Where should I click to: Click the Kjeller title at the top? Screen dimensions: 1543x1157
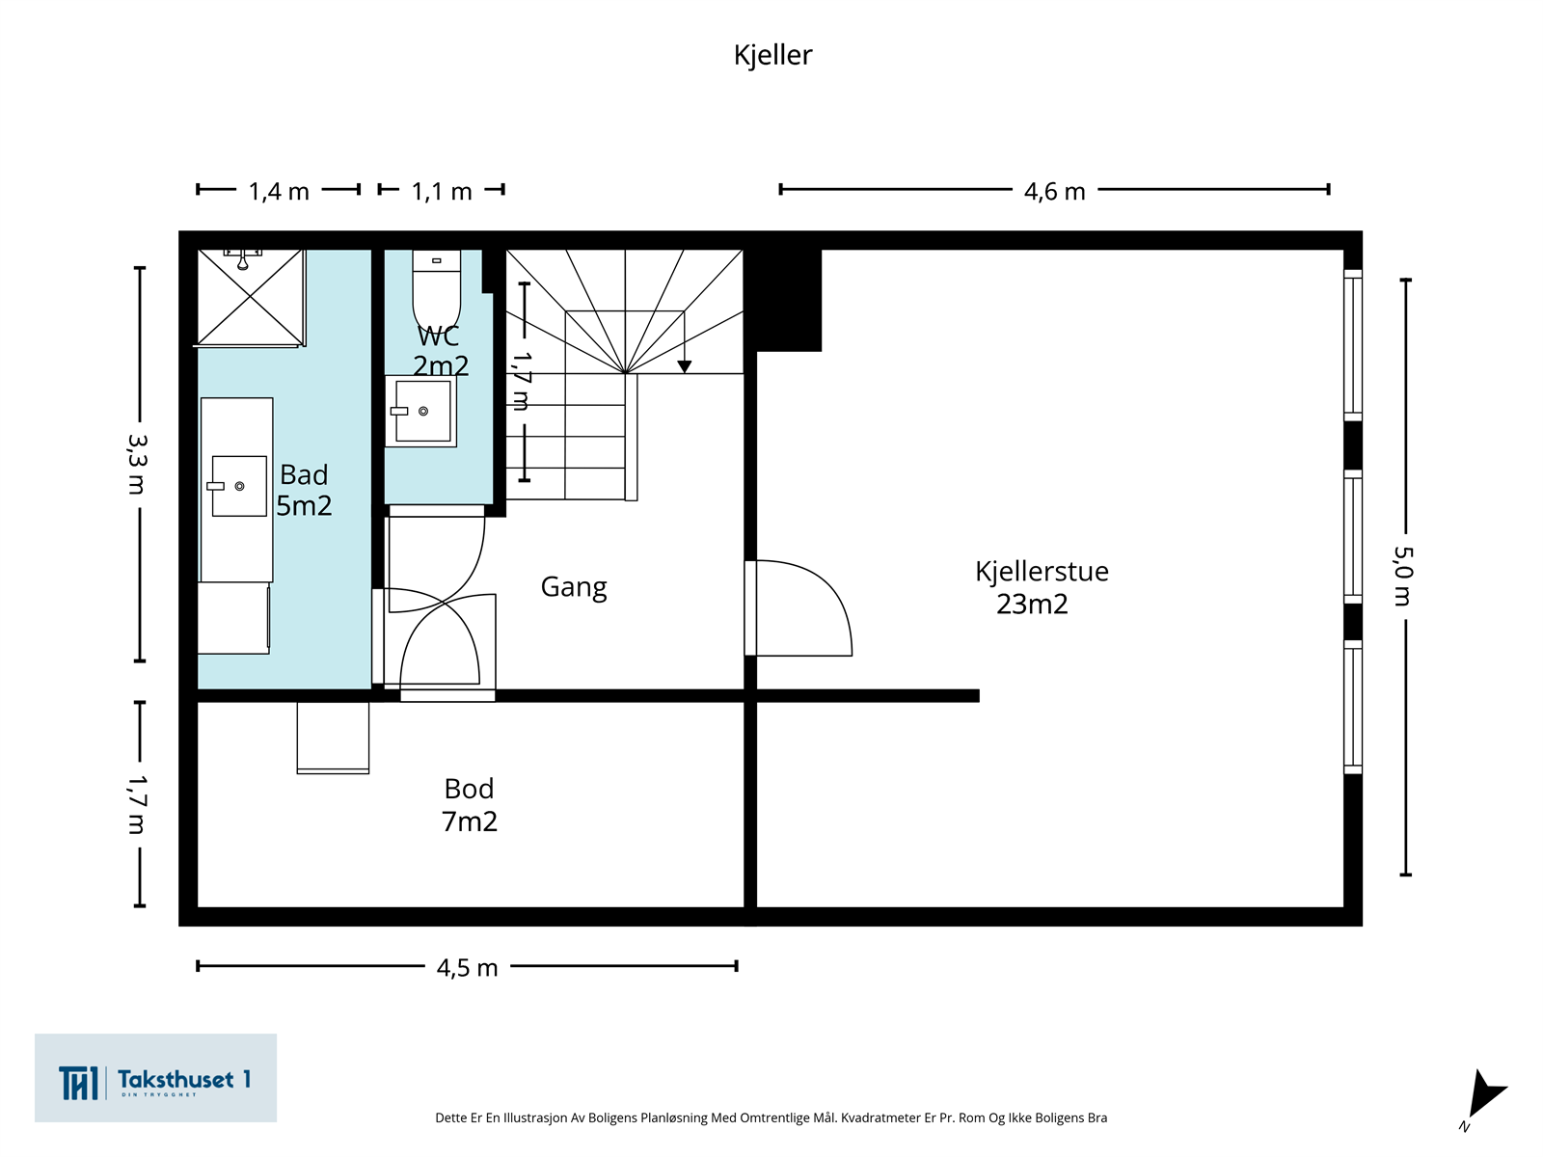pyautogui.click(x=772, y=55)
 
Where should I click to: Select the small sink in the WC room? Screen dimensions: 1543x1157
pyautogui.click(x=421, y=411)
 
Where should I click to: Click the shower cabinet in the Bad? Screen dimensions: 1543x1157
pyautogui.click(x=250, y=298)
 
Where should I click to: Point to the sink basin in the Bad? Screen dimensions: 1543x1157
pyautogui.click(x=239, y=486)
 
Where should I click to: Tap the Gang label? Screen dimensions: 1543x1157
pyautogui.click(x=574, y=587)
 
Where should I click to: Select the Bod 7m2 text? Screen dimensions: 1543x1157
pyautogui.click(x=469, y=805)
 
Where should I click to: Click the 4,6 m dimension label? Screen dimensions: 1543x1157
pyautogui.click(x=1054, y=191)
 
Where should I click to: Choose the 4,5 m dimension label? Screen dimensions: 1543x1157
pyautogui.click(x=467, y=967)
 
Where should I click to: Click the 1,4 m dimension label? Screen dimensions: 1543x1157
pyautogui.click(x=279, y=191)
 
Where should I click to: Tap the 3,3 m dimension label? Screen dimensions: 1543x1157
pyautogui.click(x=137, y=464)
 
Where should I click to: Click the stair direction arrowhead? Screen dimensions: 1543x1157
pyautogui.click(x=684, y=366)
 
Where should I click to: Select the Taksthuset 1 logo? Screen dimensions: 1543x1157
pyautogui.click(x=155, y=1078)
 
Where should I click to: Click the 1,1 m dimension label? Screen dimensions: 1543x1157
pyautogui.click(x=442, y=191)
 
